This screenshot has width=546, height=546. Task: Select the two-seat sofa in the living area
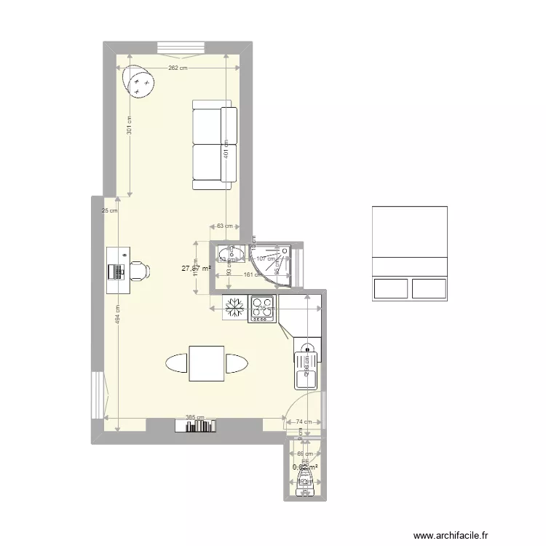pyautogui.click(x=215, y=145)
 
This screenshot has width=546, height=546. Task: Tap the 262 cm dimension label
pyautogui.click(x=178, y=68)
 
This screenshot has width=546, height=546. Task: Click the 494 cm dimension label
pyautogui.click(x=117, y=316)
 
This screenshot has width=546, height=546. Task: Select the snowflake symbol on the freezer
pyautogui.click(x=234, y=308)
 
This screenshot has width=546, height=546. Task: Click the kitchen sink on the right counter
pyautogui.click(x=306, y=367)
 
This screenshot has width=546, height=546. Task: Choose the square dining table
pyautogui.click(x=206, y=363)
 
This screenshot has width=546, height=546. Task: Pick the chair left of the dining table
pyautogui.click(x=177, y=363)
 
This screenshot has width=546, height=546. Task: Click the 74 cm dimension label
pyautogui.click(x=304, y=422)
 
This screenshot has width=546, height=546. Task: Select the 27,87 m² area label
pyautogui.click(x=196, y=269)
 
